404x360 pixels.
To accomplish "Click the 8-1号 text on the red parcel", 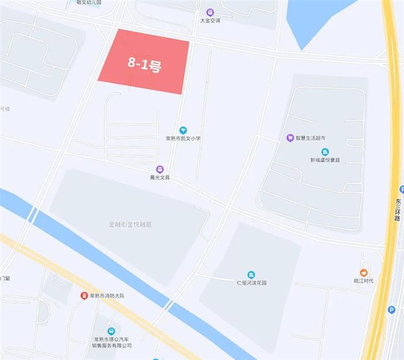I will tap(144, 64).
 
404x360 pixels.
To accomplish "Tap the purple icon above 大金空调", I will tap(210, 12).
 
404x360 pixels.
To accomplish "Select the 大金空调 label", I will tap(210, 21).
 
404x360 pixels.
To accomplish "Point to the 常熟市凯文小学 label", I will tap(183, 139).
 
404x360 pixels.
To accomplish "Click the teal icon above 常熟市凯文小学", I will tap(183, 130).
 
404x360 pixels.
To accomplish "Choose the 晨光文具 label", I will tap(160, 177).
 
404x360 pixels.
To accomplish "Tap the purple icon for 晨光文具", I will tap(160, 169).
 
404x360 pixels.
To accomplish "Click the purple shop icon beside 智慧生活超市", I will tap(290, 138).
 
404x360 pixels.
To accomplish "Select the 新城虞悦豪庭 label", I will tap(326, 160).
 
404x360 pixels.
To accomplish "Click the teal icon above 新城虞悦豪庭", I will tap(326, 151).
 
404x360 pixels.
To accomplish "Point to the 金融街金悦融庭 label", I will tap(133, 224).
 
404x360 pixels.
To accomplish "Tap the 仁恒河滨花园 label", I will tap(251, 283).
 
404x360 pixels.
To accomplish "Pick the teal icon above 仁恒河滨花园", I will tap(251, 274).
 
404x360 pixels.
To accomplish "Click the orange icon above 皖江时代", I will tap(364, 273).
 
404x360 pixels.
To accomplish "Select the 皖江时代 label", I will tap(364, 281).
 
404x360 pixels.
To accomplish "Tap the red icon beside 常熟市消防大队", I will tap(84, 296).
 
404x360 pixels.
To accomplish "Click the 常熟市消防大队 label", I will tap(107, 296).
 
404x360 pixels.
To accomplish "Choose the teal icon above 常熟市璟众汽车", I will tap(112, 331).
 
